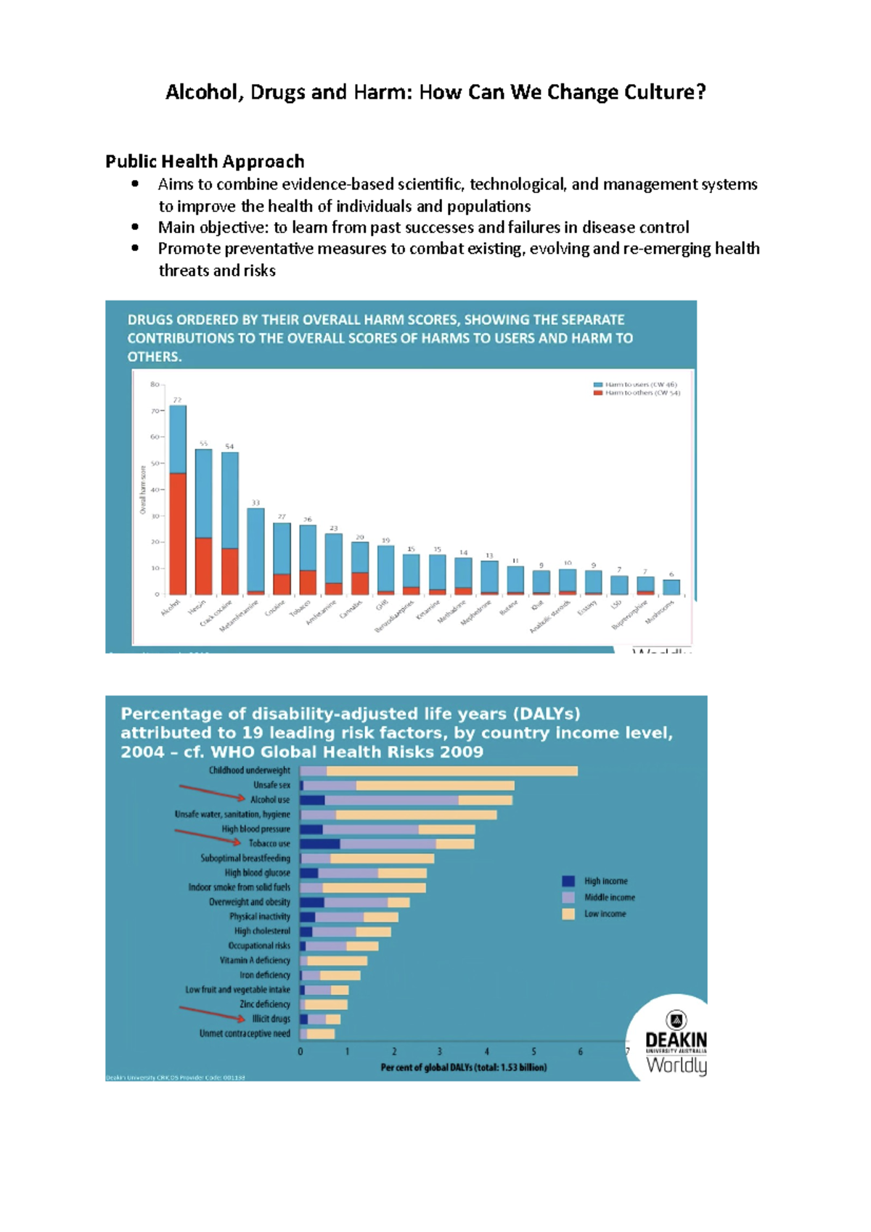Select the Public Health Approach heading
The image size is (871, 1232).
pos(205,161)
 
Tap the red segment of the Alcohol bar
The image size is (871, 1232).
pos(178,533)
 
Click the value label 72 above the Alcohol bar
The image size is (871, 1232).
pos(177,400)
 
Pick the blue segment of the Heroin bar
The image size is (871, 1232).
pos(204,493)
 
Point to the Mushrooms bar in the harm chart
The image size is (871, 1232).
pos(671,587)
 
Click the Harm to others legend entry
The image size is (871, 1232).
pos(637,393)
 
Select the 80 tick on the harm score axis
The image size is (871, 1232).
pos(155,385)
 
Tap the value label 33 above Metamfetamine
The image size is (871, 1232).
pos(255,502)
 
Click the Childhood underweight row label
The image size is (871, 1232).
pos(249,771)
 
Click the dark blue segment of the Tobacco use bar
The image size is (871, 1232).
pos(320,844)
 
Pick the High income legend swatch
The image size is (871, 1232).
pos(568,881)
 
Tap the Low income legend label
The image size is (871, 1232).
pos(605,914)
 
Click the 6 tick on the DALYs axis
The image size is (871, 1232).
pos(580,1051)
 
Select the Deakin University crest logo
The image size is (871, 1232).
pos(676,1020)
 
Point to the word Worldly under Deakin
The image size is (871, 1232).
pos(676,1065)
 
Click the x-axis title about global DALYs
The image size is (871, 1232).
pos(464,1067)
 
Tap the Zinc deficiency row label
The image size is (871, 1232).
pos(265,1004)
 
